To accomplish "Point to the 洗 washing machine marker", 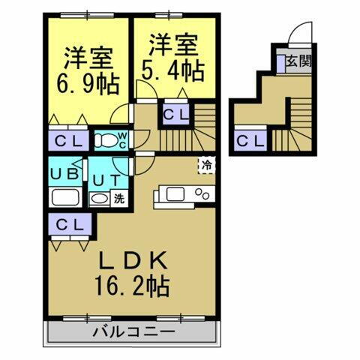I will [118, 199].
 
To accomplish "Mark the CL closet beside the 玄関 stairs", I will [250, 139].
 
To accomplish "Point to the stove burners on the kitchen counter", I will [202, 193].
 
